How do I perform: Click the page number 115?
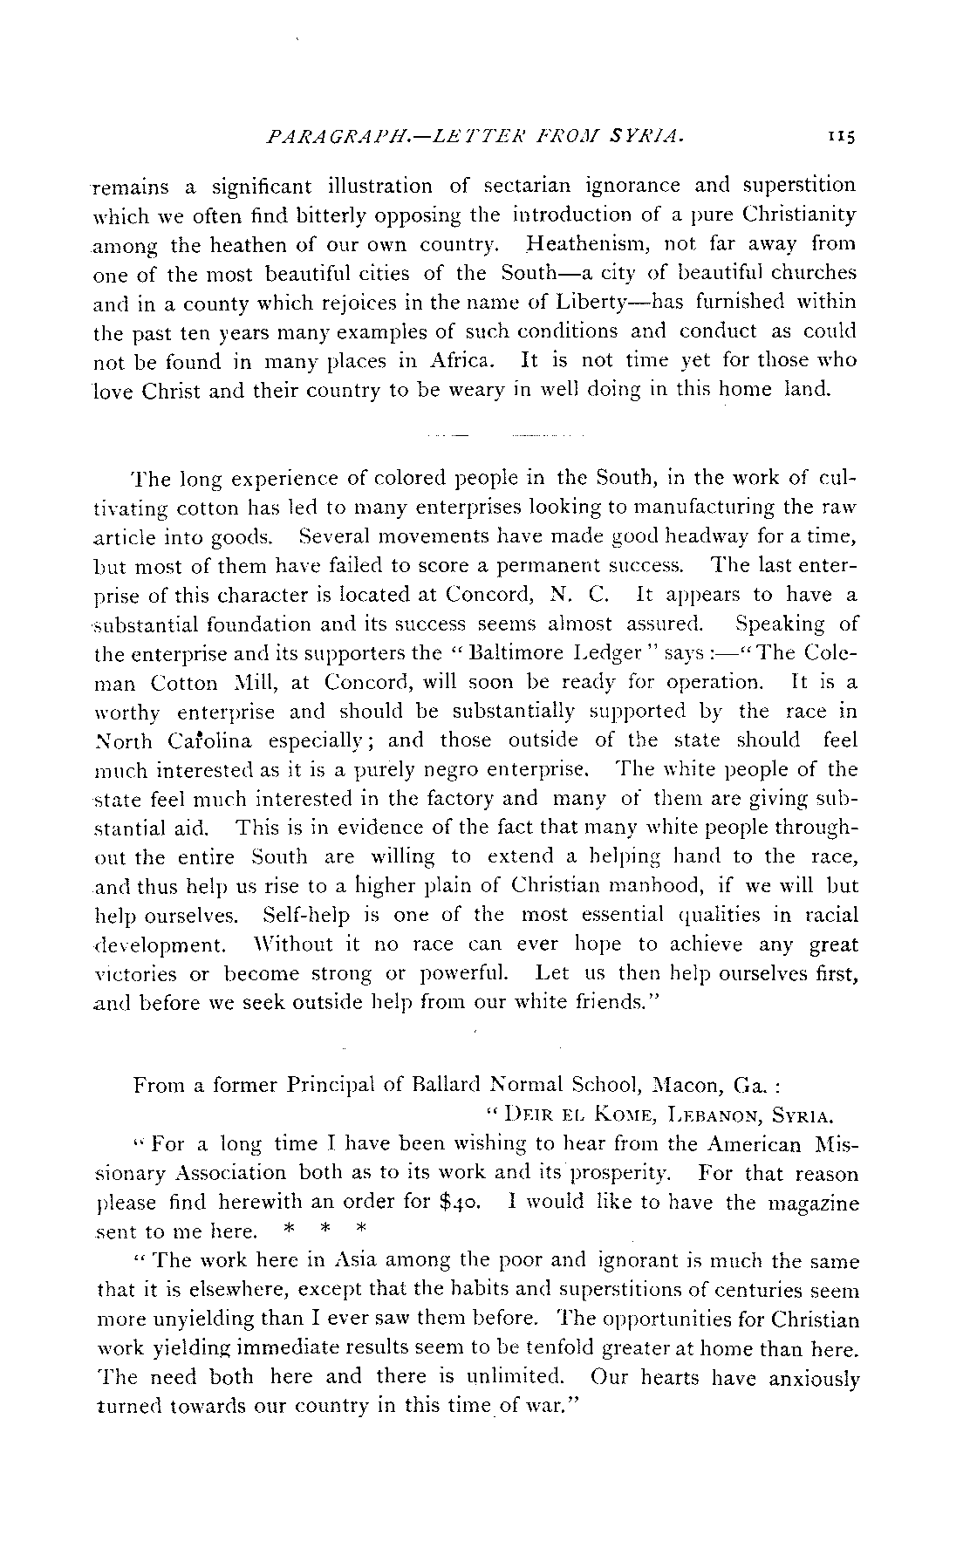click(x=844, y=136)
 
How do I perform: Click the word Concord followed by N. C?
click(x=483, y=595)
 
